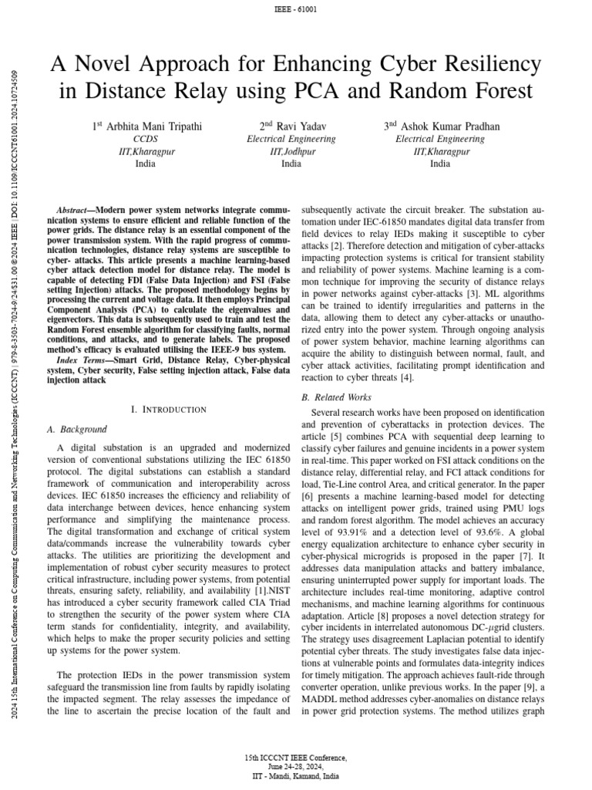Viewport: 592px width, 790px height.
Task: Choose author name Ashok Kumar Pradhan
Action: pos(446,127)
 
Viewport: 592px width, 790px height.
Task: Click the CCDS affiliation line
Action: pos(145,140)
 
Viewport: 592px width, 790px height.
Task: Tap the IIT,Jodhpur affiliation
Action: pos(291,152)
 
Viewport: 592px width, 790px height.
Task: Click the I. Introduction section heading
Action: pos(170,409)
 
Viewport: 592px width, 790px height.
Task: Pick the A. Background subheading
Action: pos(77,430)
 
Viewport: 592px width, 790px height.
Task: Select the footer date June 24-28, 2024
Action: pos(295,767)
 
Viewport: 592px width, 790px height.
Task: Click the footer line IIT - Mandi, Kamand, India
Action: pos(295,776)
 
